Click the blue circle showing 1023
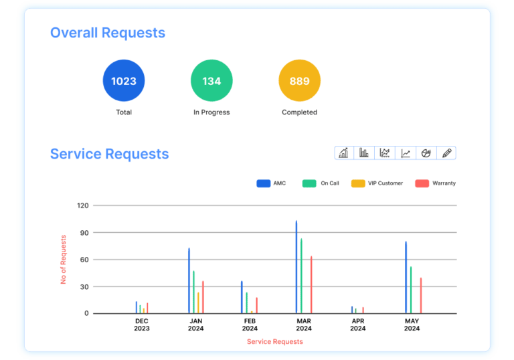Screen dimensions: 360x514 [124, 81]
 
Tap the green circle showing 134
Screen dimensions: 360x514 [211, 81]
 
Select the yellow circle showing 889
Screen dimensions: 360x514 [299, 81]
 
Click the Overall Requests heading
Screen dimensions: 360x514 [108, 32]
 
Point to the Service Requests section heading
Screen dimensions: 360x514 [109, 154]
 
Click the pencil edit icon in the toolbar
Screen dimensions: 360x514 [446, 153]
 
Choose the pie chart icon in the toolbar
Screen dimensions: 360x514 [426, 153]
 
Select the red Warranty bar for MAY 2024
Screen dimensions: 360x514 [421, 296]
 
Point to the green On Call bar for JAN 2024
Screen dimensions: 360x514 [194, 292]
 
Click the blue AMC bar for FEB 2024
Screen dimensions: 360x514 [242, 297]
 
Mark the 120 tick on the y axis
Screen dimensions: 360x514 [82, 205]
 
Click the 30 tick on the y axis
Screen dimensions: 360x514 [84, 287]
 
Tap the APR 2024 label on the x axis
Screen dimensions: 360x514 [358, 325]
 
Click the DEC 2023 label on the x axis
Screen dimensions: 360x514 [142, 325]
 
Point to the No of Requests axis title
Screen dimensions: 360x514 [64, 260]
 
